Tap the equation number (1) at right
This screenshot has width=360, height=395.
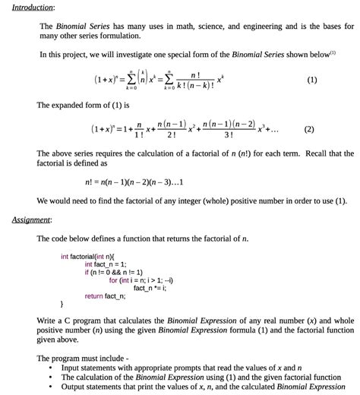tap(311, 80)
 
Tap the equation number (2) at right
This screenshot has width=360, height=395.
tap(308, 129)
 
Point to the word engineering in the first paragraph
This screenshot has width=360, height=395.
tap(260, 26)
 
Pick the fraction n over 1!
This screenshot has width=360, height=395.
tap(138, 130)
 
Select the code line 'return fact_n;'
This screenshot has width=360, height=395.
tap(105, 296)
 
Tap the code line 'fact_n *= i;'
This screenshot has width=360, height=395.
tap(150, 288)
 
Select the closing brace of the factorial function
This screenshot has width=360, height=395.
tap(62, 305)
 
